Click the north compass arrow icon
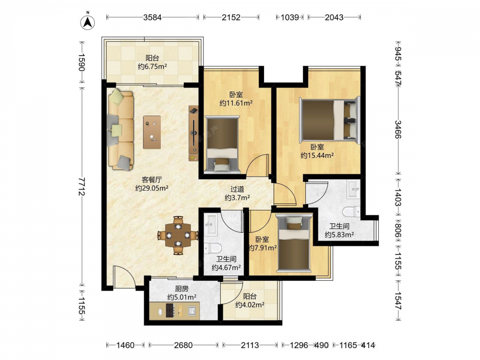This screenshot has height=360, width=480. click(87, 22)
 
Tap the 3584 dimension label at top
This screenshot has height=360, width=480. click(153, 17)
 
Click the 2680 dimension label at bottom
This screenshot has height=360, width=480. click(183, 345)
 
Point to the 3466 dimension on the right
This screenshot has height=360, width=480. click(398, 130)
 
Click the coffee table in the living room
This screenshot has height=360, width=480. click(152, 132)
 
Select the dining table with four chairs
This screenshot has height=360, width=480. click(178, 235)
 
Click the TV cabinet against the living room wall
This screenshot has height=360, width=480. click(193, 133)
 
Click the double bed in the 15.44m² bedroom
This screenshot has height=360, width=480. click(329, 120)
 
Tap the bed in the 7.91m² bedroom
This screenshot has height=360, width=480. click(294, 243)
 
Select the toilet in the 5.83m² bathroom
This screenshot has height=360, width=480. click(351, 212)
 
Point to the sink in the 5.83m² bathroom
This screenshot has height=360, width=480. click(354, 189)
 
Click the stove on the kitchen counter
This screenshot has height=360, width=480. click(170, 310)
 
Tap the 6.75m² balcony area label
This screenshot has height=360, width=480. click(152, 66)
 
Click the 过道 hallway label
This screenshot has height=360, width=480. click(237, 189)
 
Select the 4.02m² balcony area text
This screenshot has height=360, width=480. click(250, 305)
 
